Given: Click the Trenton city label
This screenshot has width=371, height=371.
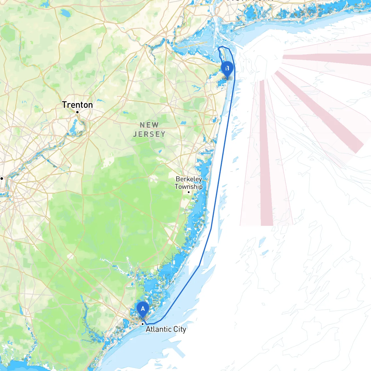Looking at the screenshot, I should click(x=77, y=105).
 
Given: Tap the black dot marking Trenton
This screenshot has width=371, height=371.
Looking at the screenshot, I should click(x=77, y=112).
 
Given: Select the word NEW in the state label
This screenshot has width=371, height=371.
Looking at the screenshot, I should click(x=149, y=125).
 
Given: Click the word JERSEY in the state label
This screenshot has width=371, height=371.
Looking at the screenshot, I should click(x=149, y=134).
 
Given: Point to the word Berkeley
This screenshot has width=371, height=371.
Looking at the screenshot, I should click(x=189, y=179).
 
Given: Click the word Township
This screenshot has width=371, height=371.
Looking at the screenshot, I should click(x=188, y=187).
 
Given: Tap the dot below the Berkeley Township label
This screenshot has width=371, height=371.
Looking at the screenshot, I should click(x=189, y=192).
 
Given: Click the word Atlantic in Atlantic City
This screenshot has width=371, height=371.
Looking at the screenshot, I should click(x=159, y=329).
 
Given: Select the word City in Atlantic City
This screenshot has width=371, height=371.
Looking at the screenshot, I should click(x=180, y=329).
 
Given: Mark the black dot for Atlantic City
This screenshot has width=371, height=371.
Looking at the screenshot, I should click(x=143, y=324).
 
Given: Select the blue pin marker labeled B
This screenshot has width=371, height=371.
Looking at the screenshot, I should click(x=227, y=68).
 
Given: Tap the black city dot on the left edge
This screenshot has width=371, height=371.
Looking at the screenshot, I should click(x=1, y=178).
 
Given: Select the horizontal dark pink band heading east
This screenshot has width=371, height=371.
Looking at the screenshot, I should click(x=328, y=59).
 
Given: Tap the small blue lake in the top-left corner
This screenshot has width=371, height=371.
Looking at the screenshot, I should click(x=65, y=13).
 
